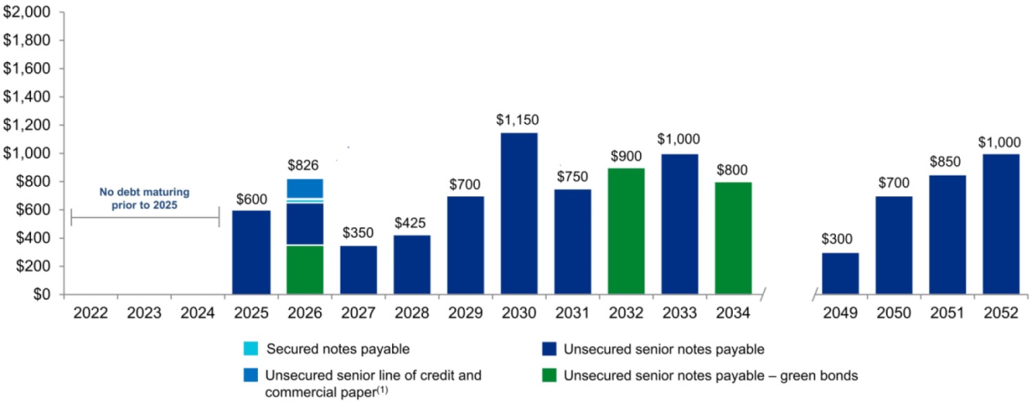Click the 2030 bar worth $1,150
pyautogui.click(x=519, y=214)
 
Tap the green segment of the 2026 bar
pyautogui.click(x=305, y=269)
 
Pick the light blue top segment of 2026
pyautogui.click(x=305, y=188)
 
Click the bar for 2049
pyautogui.click(x=840, y=273)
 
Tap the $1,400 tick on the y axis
pyautogui.click(x=27, y=97)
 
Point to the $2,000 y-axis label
pyautogui.click(x=27, y=12)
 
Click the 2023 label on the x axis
pyautogui.click(x=144, y=313)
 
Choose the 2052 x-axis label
pyautogui.click(x=1001, y=313)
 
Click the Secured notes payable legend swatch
pyautogui.click(x=251, y=349)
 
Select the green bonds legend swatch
pyautogui.click(x=548, y=375)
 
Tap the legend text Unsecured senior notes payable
pyautogui.click(x=664, y=349)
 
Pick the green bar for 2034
pyautogui.click(x=733, y=238)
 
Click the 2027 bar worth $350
pyautogui.click(x=358, y=270)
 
